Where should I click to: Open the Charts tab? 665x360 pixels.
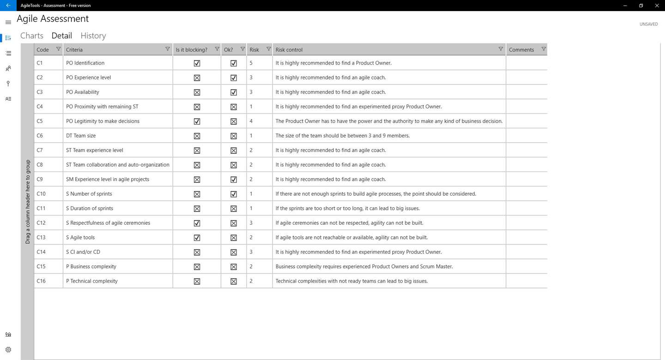(32, 36)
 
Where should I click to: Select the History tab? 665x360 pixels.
(93, 36)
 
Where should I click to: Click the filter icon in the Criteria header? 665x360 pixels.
(168, 49)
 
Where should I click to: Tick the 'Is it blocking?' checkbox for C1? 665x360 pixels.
(197, 63)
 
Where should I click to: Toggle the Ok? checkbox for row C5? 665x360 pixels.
(234, 121)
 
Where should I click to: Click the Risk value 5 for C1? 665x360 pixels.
(251, 63)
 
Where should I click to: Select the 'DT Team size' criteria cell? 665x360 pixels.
(81, 136)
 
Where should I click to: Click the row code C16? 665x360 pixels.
(41, 281)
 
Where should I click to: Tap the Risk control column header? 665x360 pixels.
(289, 49)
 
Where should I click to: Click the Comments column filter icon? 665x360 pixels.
(544, 49)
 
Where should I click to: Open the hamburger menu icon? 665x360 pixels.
(8, 22)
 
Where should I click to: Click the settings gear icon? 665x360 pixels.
(8, 350)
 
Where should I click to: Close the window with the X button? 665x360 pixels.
(657, 6)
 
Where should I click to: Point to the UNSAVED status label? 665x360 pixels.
(648, 24)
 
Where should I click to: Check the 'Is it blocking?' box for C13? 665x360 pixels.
(197, 238)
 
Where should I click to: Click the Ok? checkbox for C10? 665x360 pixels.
(234, 194)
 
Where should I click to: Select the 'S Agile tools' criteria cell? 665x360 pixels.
(80, 237)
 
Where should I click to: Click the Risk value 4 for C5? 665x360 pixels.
(251, 121)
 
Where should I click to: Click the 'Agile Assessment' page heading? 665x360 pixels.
(53, 19)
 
